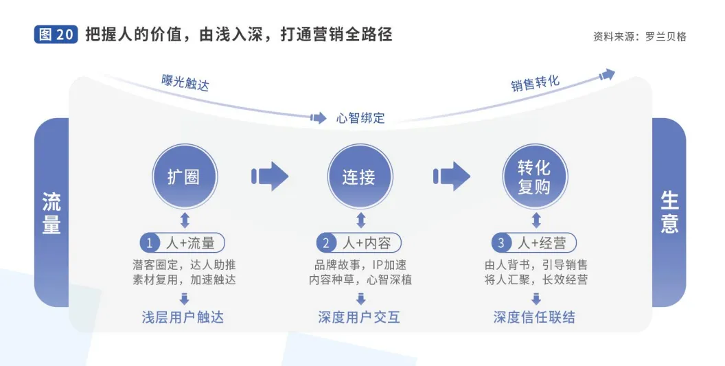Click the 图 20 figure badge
(56, 35)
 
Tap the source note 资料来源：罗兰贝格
(639, 36)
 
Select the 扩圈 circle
(184, 176)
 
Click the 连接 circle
(359, 176)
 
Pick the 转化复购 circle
(534, 176)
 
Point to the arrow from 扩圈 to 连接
(269, 176)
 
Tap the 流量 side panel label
(51, 213)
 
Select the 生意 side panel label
(669, 213)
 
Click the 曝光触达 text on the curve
(185, 83)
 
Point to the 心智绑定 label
(360, 118)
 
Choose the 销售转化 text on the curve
(535, 84)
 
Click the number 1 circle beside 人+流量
(149, 243)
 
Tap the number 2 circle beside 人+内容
(324, 243)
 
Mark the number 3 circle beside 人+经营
(500, 243)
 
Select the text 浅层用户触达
(183, 317)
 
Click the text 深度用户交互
(358, 317)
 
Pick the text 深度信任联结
(534, 317)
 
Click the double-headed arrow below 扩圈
(184, 220)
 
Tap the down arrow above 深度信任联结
(536, 299)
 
